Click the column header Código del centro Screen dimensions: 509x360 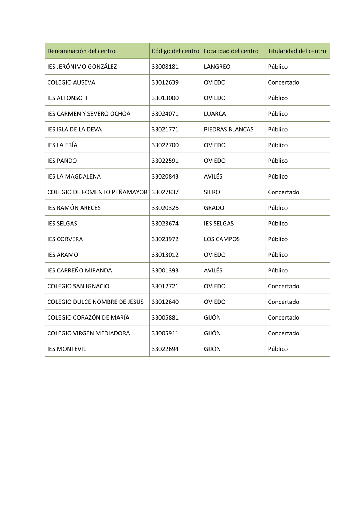pyautogui.click(x=175, y=51)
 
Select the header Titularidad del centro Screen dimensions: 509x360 pyautogui.click(x=297, y=51)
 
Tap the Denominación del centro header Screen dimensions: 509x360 pyautogui.click(x=81, y=51)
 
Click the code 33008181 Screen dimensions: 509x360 pyautogui.click(x=165, y=67)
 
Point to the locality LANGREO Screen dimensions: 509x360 pyautogui.click(x=217, y=67)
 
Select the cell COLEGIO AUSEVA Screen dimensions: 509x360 pyautogui.click(x=71, y=82)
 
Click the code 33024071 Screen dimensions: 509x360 pyautogui.click(x=165, y=114)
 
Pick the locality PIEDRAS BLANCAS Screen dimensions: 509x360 pyautogui.click(x=229, y=129)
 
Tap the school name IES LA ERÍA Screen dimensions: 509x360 pyautogui.click(x=62, y=145)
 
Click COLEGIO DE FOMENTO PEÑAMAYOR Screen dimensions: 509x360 pyautogui.click(x=97, y=192)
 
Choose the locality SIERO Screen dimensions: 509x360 pyautogui.click(x=212, y=192)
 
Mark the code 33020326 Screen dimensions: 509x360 pyautogui.click(x=165, y=208)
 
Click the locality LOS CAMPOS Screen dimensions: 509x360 pyautogui.click(x=222, y=239)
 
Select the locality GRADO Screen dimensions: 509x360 pyautogui.click(x=214, y=208)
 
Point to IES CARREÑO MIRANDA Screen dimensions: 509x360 pyautogui.click(x=80, y=270)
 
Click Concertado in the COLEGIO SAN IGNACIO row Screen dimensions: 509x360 pyautogui.click(x=283, y=286)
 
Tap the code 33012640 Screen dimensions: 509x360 pyautogui.click(x=165, y=302)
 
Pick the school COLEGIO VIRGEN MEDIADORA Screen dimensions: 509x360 pyautogui.click(x=89, y=333)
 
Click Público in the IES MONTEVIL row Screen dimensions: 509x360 pyautogui.click(x=278, y=349)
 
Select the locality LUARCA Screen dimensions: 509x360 pyautogui.click(x=215, y=114)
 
